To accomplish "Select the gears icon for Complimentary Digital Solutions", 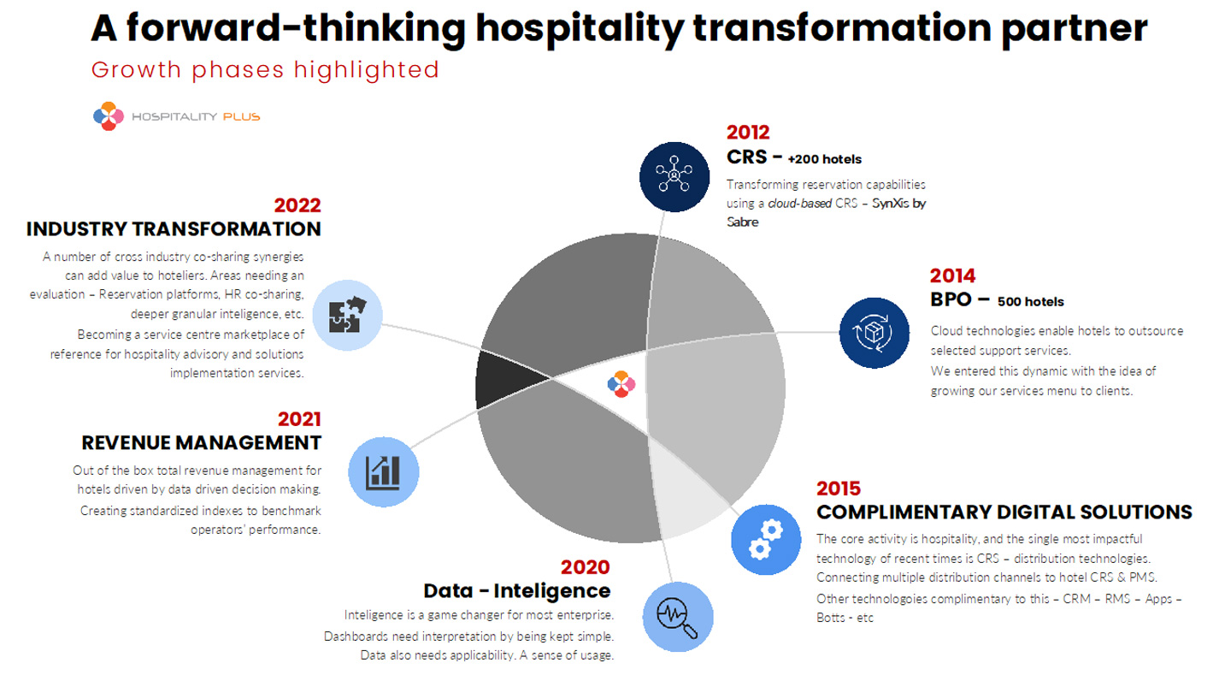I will (766, 540).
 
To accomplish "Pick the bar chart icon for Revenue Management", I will (384, 472).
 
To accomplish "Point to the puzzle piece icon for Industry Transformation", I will (347, 314).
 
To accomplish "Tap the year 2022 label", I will (297, 205).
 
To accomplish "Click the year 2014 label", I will (952, 275).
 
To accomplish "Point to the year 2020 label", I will (586, 567).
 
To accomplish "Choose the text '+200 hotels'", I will (825, 159).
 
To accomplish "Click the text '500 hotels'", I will (1031, 301).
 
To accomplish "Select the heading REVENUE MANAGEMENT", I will (202, 442).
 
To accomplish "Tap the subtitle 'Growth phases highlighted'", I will (265, 69).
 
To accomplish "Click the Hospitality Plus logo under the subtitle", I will (176, 116).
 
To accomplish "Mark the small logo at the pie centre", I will (621, 384).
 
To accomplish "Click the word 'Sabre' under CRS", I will (742, 222).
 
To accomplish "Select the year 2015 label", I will (839, 488).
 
